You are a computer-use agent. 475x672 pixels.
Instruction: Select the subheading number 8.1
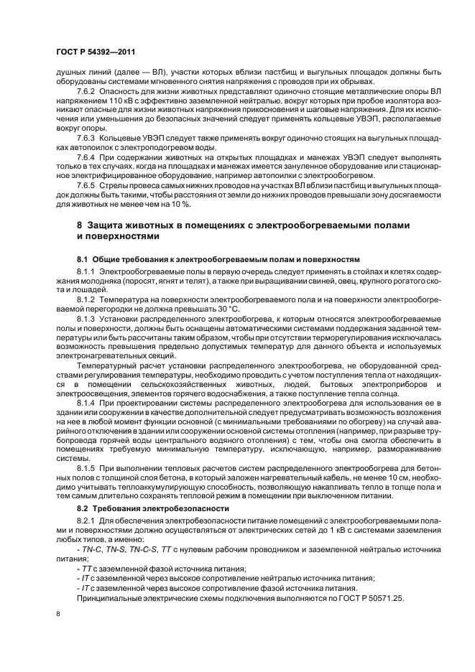[83, 258]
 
